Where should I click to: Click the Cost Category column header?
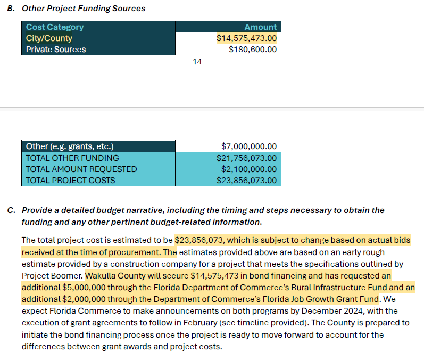click(x=55, y=27)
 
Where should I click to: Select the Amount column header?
click(x=260, y=27)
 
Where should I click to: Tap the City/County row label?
click(x=49, y=38)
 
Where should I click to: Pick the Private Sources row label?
click(x=56, y=50)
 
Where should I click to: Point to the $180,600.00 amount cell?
click(x=253, y=50)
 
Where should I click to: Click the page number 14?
click(x=197, y=62)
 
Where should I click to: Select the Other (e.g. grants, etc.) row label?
click(x=70, y=146)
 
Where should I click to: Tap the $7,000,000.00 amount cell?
click(x=249, y=146)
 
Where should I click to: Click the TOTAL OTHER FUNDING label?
click(x=72, y=158)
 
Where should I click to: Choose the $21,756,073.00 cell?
click(x=246, y=158)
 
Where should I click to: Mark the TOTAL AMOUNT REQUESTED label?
click(x=81, y=169)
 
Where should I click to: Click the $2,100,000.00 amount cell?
click(x=249, y=169)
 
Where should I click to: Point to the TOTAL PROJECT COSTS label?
click(x=70, y=180)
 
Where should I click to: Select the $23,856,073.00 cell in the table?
click(x=246, y=180)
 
